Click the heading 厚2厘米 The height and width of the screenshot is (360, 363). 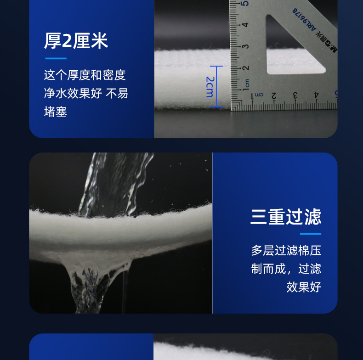tap(76, 41)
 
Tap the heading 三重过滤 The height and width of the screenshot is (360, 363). tap(285, 217)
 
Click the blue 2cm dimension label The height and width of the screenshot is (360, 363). tap(210, 86)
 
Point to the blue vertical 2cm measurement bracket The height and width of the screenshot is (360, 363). tap(216, 86)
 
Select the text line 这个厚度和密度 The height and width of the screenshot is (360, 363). tap(85, 75)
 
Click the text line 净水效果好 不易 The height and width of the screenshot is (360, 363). tap(85, 93)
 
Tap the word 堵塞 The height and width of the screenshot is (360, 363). tap(55, 112)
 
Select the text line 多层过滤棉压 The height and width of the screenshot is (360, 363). tap(285, 250)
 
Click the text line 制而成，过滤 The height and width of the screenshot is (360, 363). tap(285, 269)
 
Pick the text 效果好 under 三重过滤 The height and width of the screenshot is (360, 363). tap(303, 287)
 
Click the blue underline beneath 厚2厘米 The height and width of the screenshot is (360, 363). tap(56, 58)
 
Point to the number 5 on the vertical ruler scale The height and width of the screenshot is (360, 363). tap(246, 4)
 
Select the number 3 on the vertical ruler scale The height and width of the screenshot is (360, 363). tap(246, 46)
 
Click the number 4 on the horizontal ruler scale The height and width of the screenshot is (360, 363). tap(317, 95)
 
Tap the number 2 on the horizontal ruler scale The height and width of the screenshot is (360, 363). tap(274, 96)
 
